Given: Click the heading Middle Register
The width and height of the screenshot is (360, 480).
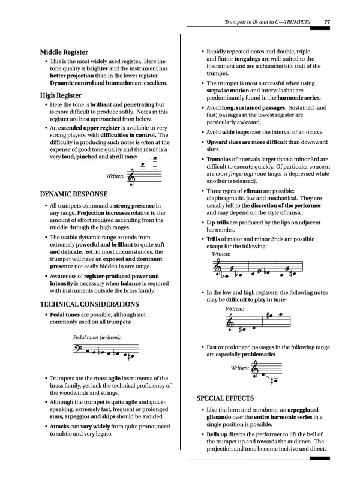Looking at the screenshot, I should [x=64, y=52].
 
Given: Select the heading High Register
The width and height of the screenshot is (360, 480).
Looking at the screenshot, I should [x=61, y=95].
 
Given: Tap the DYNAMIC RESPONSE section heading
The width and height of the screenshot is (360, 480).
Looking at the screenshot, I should [x=74, y=194].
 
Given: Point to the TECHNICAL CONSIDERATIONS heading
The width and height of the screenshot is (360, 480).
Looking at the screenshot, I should [x=89, y=304].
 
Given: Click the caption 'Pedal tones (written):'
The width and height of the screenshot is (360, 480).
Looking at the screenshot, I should [x=97, y=337].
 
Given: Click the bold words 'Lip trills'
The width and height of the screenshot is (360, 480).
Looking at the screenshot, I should [x=219, y=223].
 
